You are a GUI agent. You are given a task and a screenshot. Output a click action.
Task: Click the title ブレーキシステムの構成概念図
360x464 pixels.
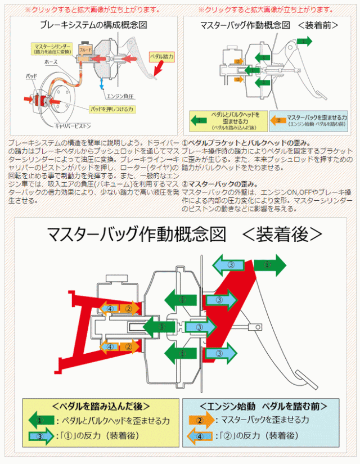[93, 25]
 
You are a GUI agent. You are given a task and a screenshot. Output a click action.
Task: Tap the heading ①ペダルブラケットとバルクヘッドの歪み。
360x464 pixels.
[247, 143]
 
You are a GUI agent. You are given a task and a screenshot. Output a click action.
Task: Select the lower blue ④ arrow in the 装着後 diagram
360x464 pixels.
[110, 346]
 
